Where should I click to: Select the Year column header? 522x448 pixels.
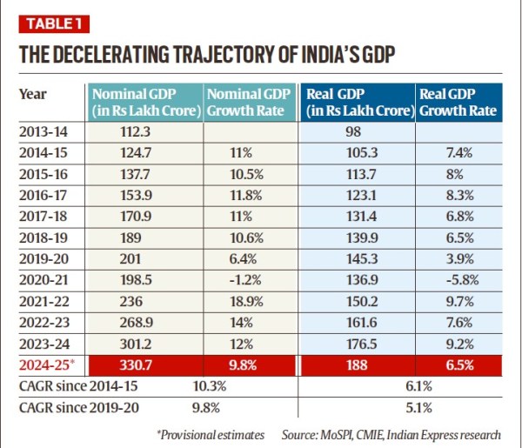(32, 94)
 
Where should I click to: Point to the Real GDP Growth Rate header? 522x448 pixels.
(458, 102)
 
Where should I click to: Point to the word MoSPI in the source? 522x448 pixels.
(337, 434)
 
